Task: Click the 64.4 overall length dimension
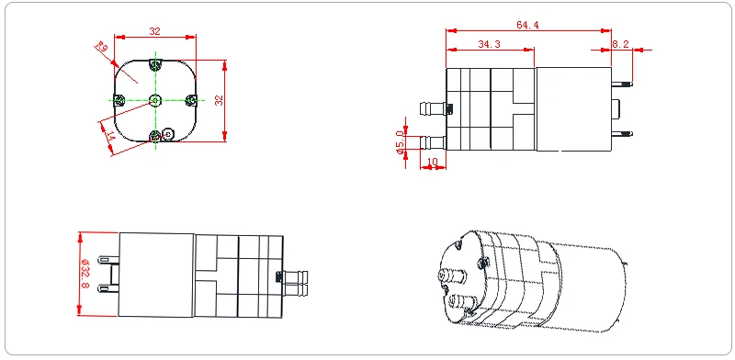point(527,25)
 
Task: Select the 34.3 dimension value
point(489,44)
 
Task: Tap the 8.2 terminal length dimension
point(620,44)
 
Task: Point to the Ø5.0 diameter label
point(400,142)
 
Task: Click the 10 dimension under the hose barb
point(432,162)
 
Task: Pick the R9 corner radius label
point(102,47)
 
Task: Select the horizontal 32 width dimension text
point(154,31)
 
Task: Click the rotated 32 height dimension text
point(219,100)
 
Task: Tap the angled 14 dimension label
point(110,137)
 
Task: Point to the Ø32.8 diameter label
point(85,274)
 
